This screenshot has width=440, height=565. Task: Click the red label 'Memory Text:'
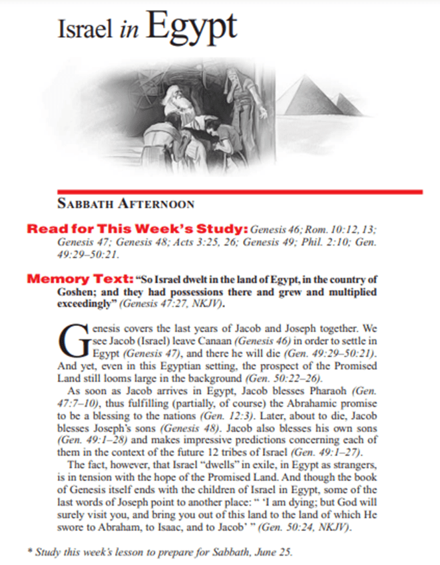pyautogui.click(x=69, y=278)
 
